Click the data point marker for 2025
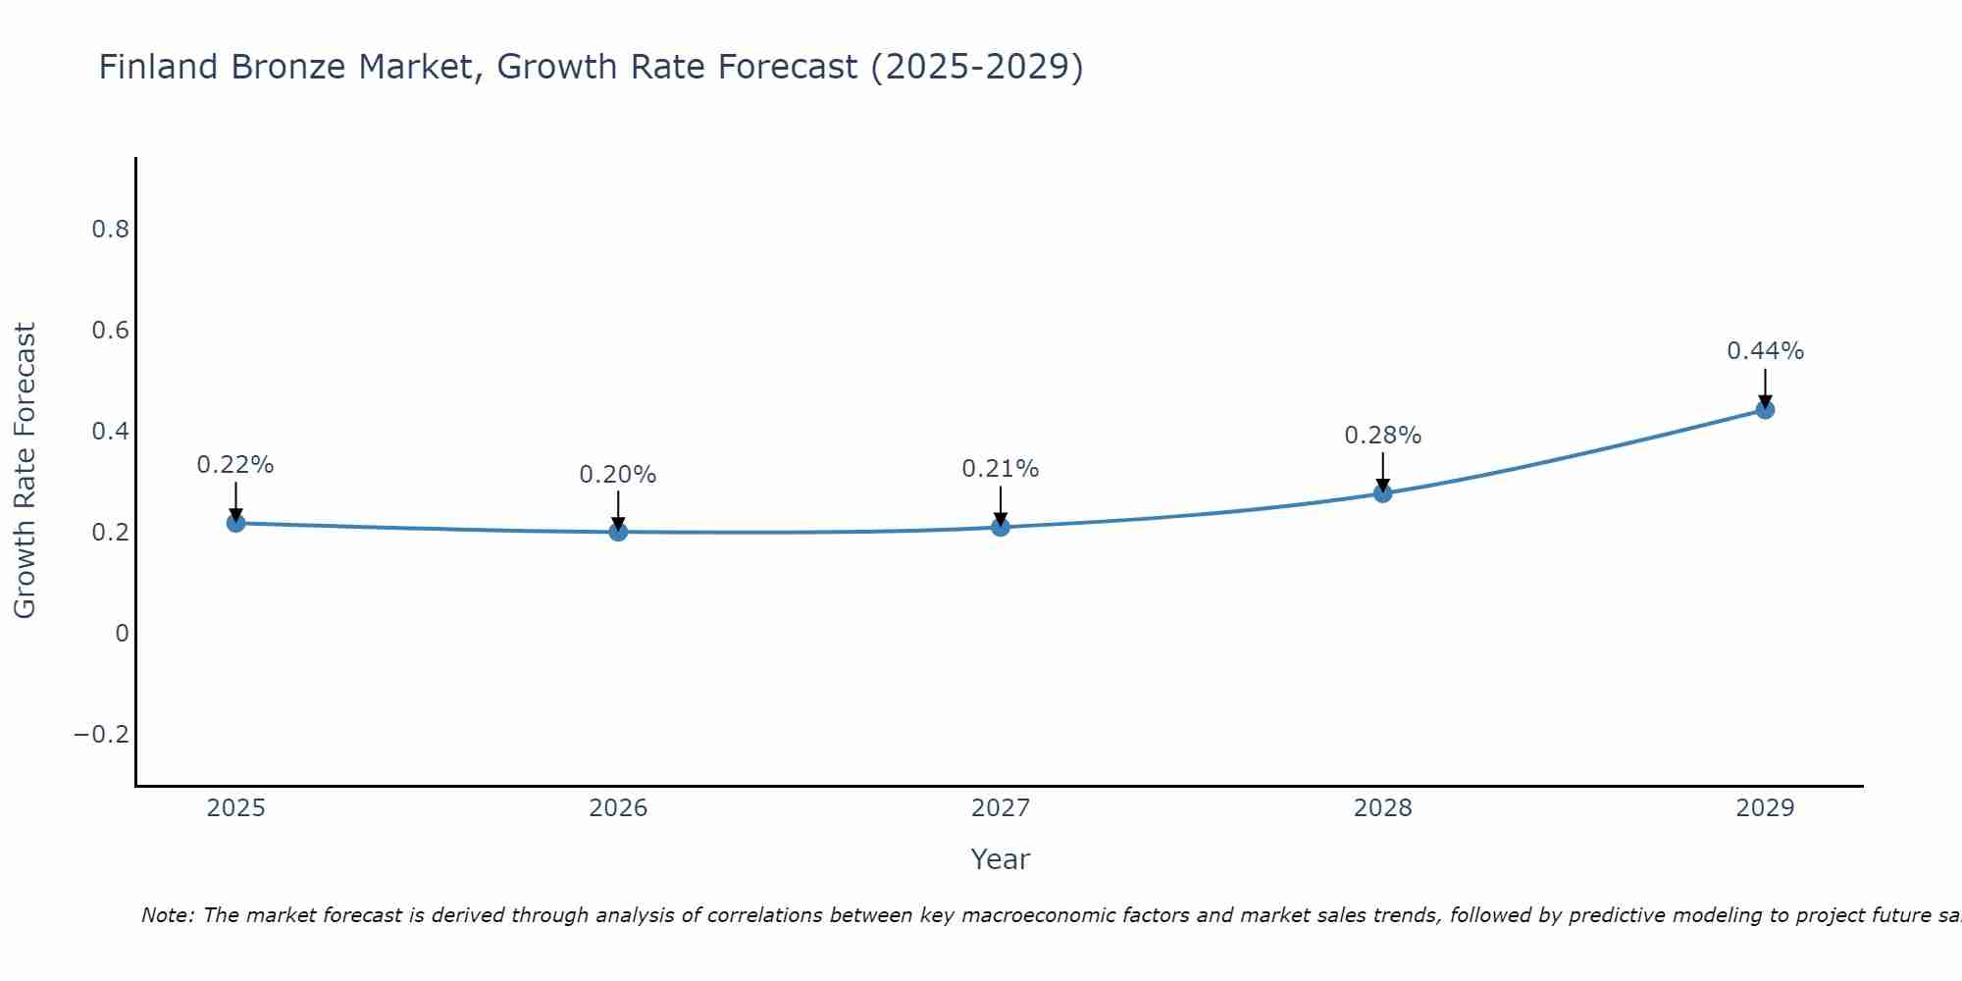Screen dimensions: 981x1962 click(235, 523)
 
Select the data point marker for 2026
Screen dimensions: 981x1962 click(618, 532)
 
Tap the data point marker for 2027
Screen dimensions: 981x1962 click(1001, 527)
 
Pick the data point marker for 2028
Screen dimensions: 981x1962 click(1382, 492)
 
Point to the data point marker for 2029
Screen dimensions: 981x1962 click(1765, 409)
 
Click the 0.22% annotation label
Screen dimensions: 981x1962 click(235, 465)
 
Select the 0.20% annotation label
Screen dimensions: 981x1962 click(618, 475)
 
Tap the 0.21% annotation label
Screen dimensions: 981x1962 click(1001, 469)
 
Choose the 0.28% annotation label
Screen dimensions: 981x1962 click(1382, 436)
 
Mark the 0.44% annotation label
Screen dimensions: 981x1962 click(1765, 351)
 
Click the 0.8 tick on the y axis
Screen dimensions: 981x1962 click(110, 230)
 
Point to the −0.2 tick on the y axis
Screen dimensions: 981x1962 click(102, 735)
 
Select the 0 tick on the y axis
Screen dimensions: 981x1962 click(122, 634)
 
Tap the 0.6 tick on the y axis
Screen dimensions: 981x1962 click(110, 331)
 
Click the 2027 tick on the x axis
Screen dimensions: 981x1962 click(1001, 808)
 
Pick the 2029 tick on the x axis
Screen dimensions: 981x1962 click(1765, 808)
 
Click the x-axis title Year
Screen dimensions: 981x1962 click(1000, 859)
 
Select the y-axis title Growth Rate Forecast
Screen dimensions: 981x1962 click(25, 471)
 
